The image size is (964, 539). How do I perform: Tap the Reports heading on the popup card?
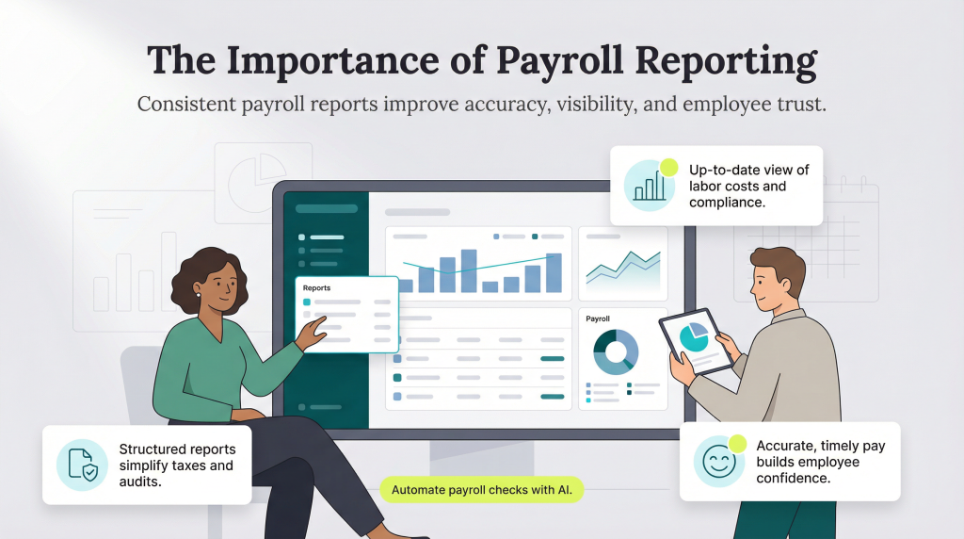(x=317, y=287)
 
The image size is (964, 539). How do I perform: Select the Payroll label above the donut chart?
(x=599, y=318)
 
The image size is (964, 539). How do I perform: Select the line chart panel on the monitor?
(x=622, y=265)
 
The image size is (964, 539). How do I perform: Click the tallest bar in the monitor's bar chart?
(x=468, y=270)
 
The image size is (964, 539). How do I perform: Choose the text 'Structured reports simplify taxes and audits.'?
(x=176, y=465)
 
